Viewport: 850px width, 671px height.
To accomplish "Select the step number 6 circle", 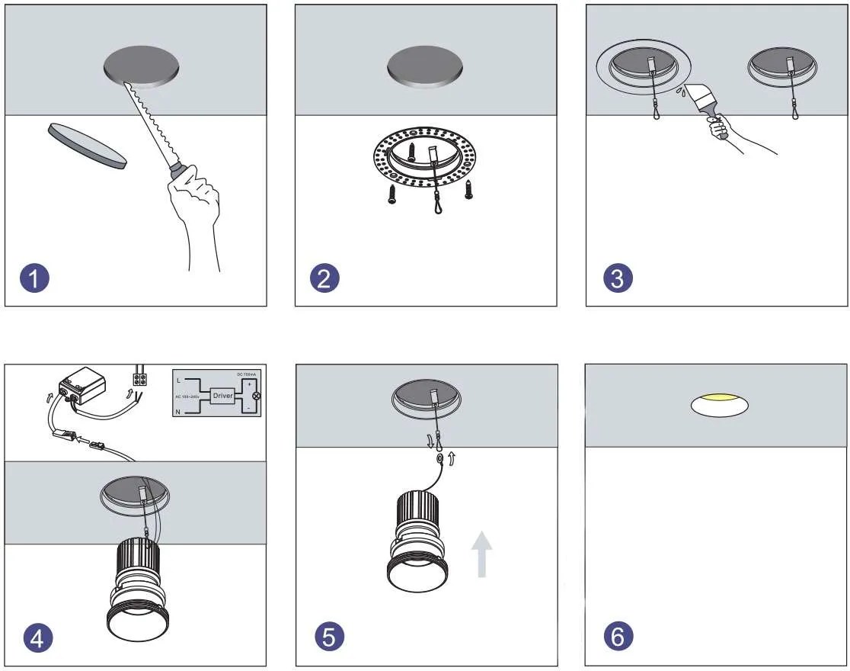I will [618, 637].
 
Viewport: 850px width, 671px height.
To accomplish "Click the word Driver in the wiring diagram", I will [222, 396].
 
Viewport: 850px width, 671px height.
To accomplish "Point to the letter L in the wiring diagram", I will [179, 380].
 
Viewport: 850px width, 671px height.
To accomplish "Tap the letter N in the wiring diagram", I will [179, 411].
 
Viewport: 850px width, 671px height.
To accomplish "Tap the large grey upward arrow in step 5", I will [481, 554].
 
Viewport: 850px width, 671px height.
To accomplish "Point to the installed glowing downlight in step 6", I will [719, 405].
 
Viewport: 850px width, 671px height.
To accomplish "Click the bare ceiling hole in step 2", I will [425, 66].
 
